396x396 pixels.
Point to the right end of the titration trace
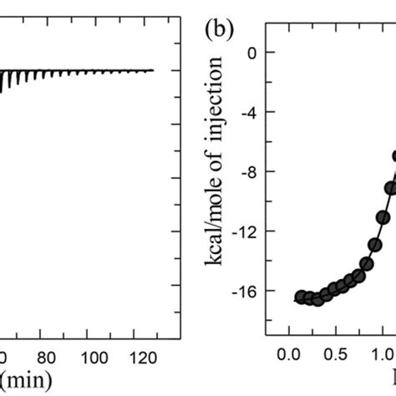coord(154,70)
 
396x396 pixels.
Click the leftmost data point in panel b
coord(298,297)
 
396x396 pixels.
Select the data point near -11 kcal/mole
coord(383,217)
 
